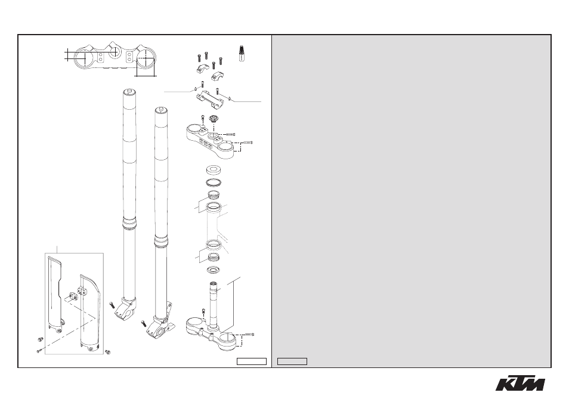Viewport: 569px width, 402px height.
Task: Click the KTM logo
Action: pos(520,384)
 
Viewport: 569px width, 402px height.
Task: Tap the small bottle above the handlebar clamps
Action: pos(240,53)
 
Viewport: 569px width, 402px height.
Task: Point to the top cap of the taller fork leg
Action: pos(129,91)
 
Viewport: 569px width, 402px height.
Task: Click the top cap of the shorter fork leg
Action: pos(161,110)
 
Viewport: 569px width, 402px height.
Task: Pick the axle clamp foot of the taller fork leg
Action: pos(126,309)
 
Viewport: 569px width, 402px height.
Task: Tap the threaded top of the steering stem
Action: pos(214,287)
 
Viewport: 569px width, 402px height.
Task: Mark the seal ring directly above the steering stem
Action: pos(214,270)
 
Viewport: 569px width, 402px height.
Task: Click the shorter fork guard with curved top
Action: pos(89,314)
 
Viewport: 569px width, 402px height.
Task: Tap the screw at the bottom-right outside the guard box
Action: pos(107,352)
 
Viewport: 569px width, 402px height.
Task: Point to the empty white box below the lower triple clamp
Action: pos(252,361)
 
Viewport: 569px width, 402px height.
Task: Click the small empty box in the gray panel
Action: pos(292,361)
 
